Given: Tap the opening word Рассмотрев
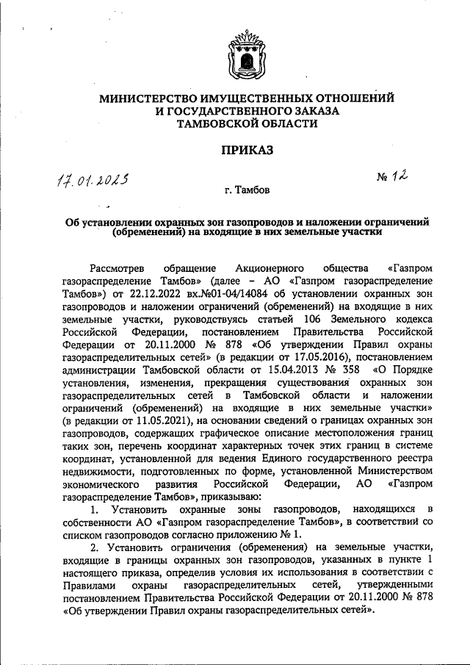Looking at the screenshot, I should (x=119, y=267).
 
